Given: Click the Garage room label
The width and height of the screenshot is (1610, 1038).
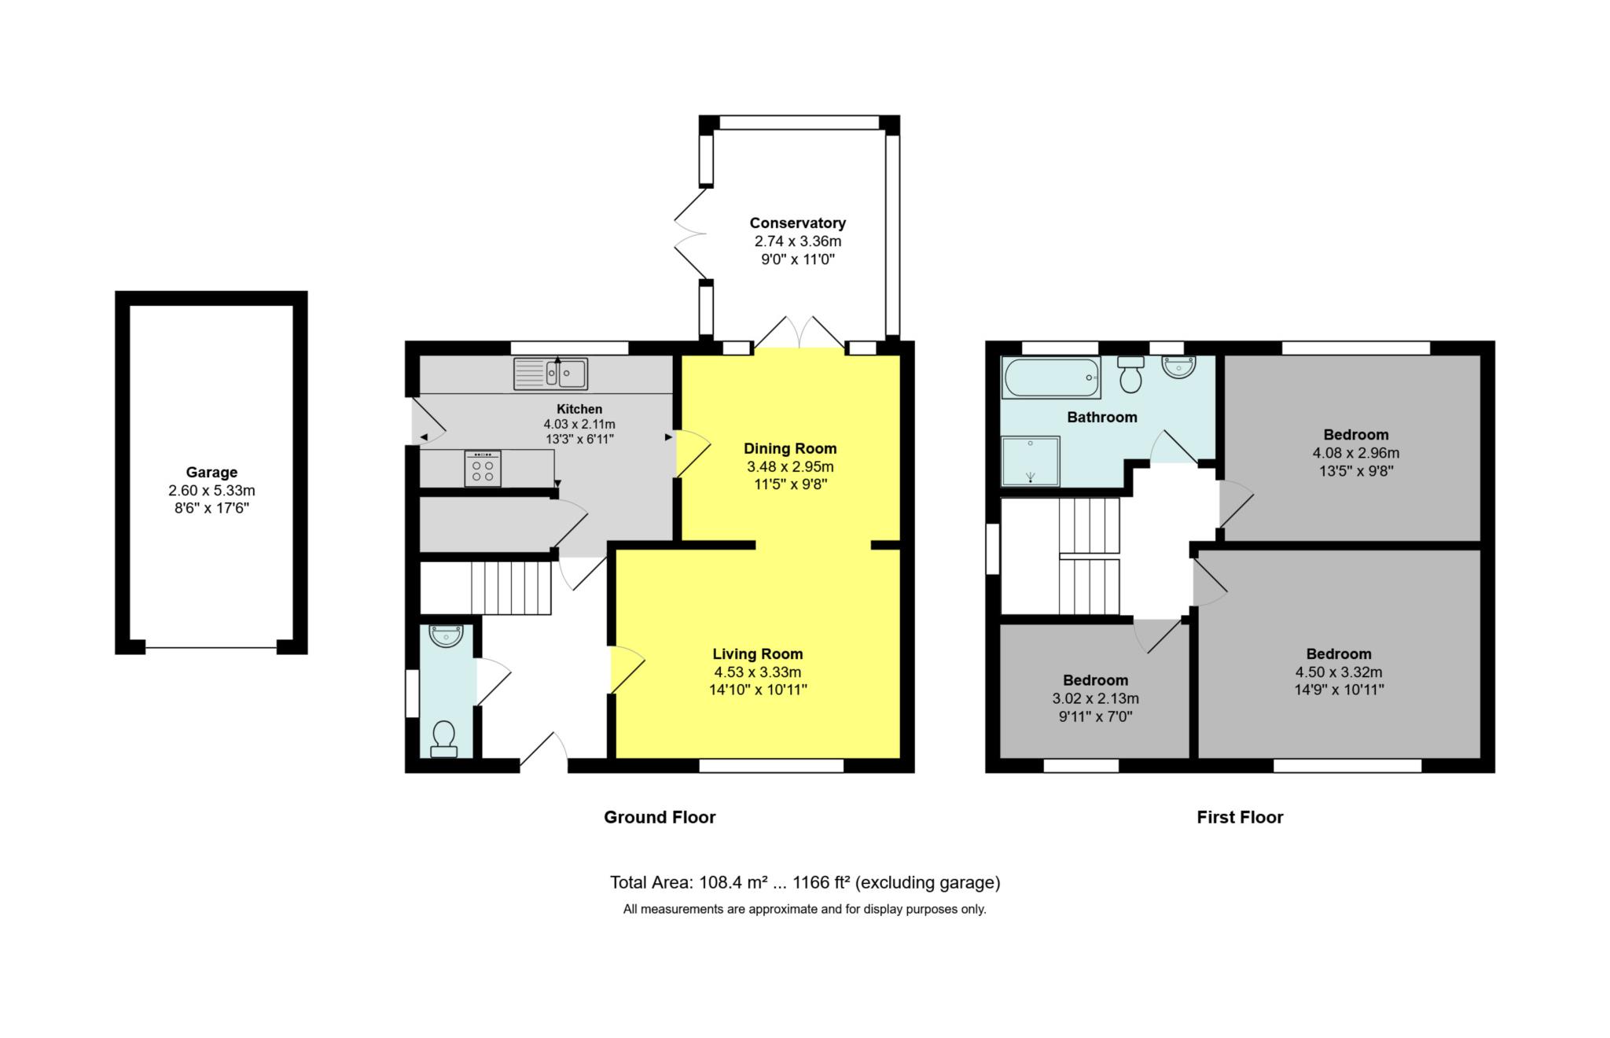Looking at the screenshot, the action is pyautogui.click(x=211, y=473).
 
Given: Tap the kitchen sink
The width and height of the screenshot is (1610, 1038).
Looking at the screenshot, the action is pyautogui.click(x=550, y=374).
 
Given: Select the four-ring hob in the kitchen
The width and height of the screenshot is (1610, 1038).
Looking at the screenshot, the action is pyautogui.click(x=483, y=469).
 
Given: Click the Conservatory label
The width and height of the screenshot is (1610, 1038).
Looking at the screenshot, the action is pyautogui.click(x=797, y=223).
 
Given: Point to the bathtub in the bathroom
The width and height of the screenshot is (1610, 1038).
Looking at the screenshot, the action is pyautogui.click(x=1051, y=378).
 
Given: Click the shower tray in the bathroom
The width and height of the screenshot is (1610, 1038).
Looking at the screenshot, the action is pyautogui.click(x=1031, y=462).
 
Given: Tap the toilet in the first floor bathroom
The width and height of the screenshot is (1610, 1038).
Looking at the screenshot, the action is pyautogui.click(x=1130, y=374).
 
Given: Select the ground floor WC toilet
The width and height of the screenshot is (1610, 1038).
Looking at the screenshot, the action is pyautogui.click(x=444, y=739).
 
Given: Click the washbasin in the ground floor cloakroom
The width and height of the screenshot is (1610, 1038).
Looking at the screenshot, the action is pyautogui.click(x=446, y=635).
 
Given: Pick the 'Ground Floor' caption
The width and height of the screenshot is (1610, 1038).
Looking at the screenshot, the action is pyautogui.click(x=660, y=817).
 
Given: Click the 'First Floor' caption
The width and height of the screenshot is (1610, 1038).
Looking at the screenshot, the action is pyautogui.click(x=1240, y=817).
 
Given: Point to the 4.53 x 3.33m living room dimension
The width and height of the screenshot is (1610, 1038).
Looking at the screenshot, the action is pyautogui.click(x=758, y=672).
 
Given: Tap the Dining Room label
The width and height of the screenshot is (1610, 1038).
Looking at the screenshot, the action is pyautogui.click(x=790, y=449).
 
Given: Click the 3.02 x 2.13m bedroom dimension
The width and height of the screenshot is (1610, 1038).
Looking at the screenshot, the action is pyautogui.click(x=1095, y=698).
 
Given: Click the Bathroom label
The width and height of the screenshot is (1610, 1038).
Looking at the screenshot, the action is pyautogui.click(x=1102, y=418).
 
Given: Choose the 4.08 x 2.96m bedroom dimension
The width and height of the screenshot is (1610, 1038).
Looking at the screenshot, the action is pyautogui.click(x=1356, y=453).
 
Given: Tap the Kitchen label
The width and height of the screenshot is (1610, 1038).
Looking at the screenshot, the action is pyautogui.click(x=579, y=409).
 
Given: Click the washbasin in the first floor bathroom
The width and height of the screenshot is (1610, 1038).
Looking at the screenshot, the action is pyautogui.click(x=1178, y=367).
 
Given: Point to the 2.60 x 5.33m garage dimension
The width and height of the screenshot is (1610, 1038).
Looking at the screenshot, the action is pyautogui.click(x=211, y=491).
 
